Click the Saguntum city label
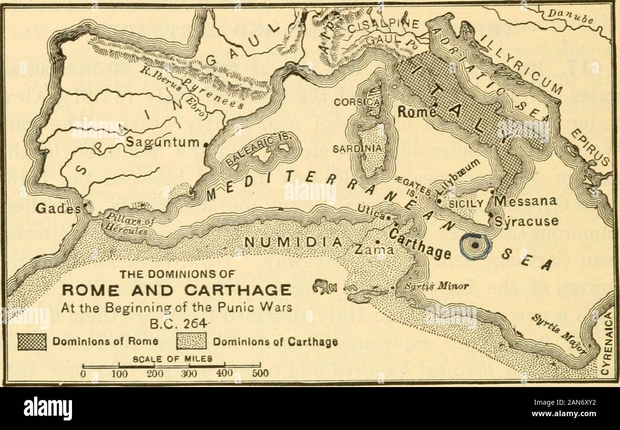[x=162, y=142]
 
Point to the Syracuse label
[x=526, y=222]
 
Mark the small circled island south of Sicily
[x=475, y=245]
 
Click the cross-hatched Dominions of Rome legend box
[x=32, y=342]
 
